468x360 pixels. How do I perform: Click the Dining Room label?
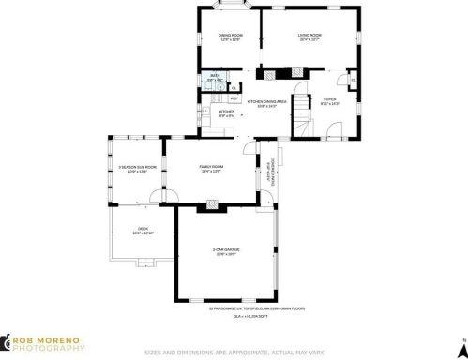[230, 37]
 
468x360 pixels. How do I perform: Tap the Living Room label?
[309, 37]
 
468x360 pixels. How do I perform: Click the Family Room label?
[210, 169]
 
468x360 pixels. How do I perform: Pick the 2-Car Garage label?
[224, 250]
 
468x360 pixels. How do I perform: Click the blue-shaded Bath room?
[215, 79]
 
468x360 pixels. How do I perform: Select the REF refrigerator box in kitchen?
[234, 97]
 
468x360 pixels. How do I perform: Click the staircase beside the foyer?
[302, 117]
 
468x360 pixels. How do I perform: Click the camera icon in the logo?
[7, 343]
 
